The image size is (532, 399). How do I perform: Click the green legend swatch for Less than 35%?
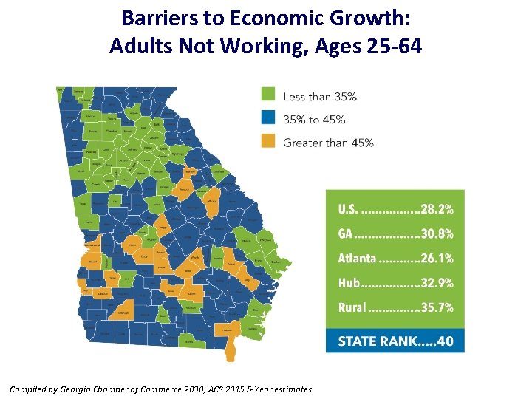pyautogui.click(x=268, y=95)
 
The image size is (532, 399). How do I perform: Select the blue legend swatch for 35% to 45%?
pyautogui.click(x=268, y=118)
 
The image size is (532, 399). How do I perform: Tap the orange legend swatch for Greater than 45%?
pyautogui.click(x=268, y=141)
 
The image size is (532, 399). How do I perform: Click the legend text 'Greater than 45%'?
pyautogui.click(x=328, y=142)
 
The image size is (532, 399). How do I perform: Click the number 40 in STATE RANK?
pyautogui.click(x=445, y=341)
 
